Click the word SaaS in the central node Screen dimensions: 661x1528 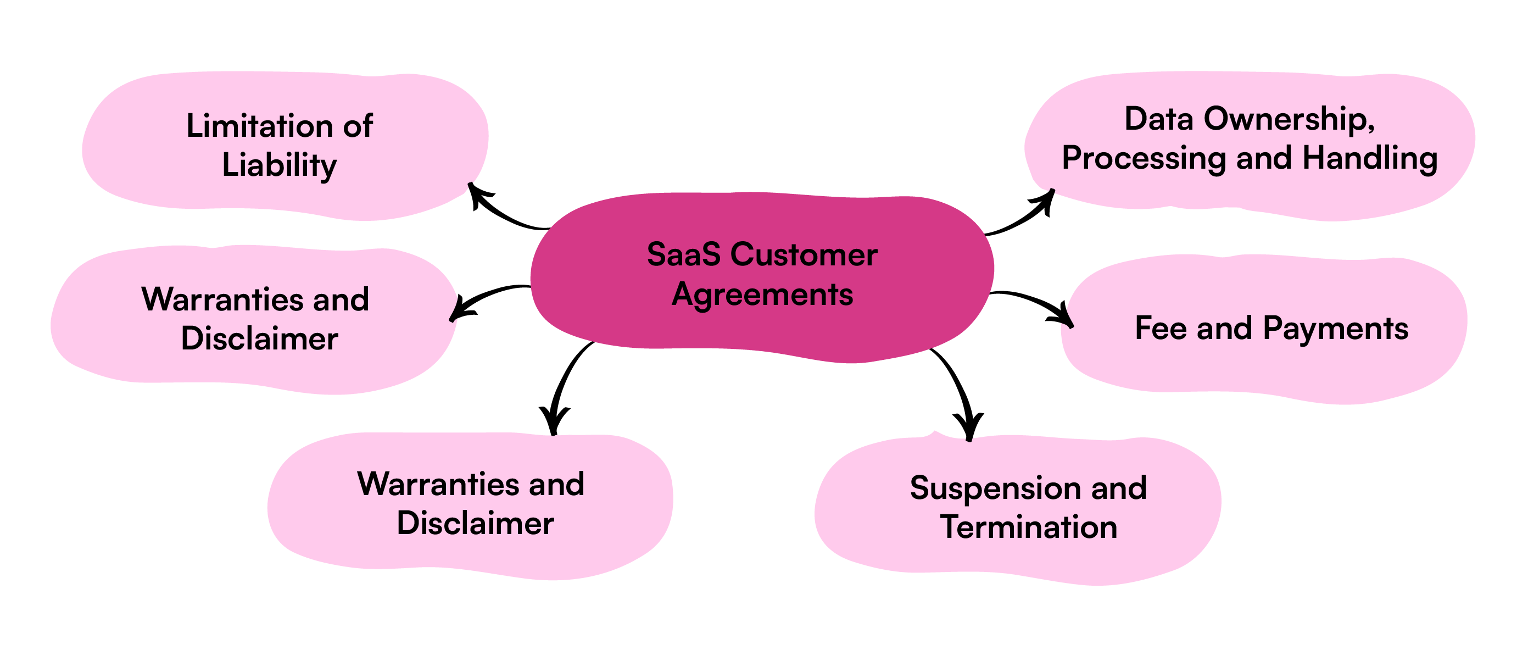(x=683, y=254)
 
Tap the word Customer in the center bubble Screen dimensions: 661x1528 (x=804, y=254)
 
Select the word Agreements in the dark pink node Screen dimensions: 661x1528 (x=762, y=295)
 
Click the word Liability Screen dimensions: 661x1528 (x=280, y=165)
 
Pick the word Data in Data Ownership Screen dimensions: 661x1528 (x=1158, y=119)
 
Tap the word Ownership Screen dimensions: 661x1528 (x=1289, y=120)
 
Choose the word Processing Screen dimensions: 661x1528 (x=1144, y=159)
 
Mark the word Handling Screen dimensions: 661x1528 (x=1370, y=159)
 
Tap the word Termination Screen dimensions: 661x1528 (x=1029, y=527)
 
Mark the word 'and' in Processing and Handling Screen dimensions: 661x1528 (x=1263, y=158)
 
